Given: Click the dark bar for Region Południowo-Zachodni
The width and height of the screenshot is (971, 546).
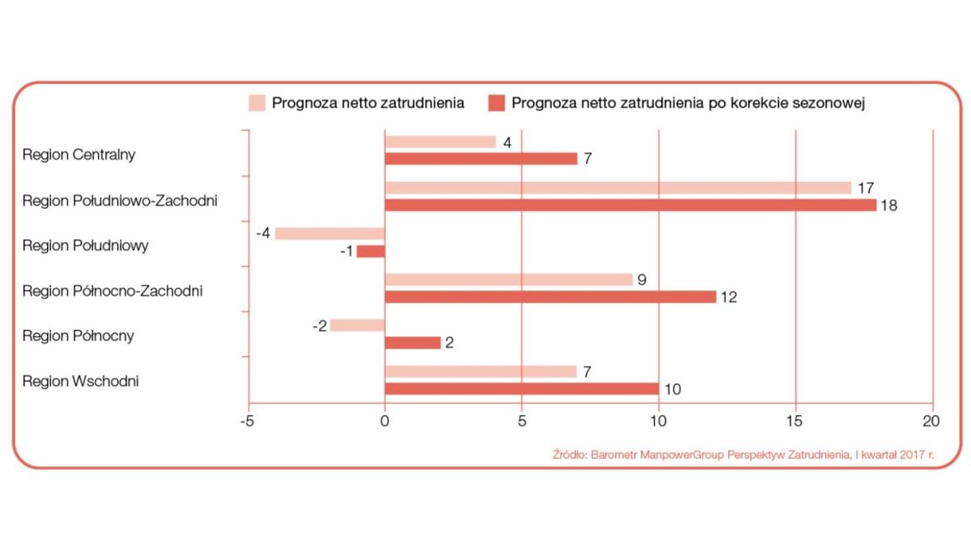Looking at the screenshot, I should coord(630,205).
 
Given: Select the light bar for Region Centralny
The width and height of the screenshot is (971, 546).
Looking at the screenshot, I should coord(440,142).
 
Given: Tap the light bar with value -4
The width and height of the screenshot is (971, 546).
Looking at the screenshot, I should coord(330,234).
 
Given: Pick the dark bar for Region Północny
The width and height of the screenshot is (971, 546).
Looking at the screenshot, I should coord(413,343).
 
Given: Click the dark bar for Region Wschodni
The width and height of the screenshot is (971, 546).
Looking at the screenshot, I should coord(522,389).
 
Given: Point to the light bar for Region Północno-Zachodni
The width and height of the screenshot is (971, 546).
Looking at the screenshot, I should coord(508,280).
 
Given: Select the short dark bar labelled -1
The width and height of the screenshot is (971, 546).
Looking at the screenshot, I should coord(371,251).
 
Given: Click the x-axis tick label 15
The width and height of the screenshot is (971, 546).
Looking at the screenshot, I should coord(796,421).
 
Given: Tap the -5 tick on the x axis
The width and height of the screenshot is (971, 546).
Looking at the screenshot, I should coord(248,421).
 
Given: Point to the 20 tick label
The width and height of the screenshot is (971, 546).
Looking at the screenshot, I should coord(933,421).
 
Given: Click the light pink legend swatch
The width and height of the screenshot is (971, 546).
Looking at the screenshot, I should coord(257,103).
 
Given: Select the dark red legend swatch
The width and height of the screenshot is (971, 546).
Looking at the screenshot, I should coord(496,103).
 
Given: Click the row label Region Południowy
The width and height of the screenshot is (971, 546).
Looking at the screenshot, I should coord(86,245).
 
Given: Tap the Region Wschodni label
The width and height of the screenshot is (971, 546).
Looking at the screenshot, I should coord(81,381).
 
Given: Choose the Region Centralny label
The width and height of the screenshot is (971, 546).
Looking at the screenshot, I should coord(78,154).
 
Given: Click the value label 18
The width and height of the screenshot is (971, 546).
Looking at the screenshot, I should coord(889,205).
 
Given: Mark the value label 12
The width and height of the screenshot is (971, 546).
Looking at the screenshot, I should coord(728,297).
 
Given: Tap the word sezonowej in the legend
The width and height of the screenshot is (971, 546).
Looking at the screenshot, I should coord(836,103).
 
